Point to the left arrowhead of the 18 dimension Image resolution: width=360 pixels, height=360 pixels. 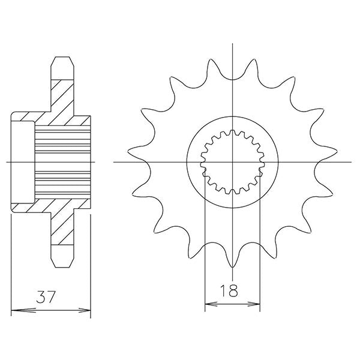[209, 305]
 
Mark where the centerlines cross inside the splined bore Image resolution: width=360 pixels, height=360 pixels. [232, 162]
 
